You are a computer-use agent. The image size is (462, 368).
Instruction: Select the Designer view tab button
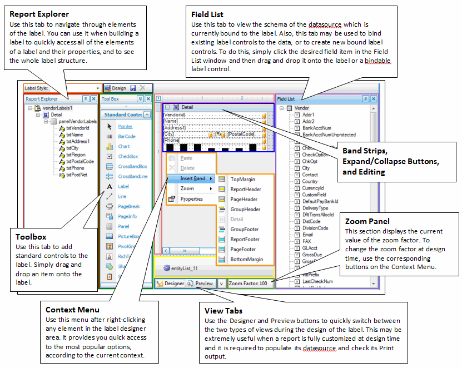click(x=170, y=283)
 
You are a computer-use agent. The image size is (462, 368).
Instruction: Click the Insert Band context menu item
click(x=192, y=178)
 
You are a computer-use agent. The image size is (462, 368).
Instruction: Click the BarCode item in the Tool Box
click(x=126, y=136)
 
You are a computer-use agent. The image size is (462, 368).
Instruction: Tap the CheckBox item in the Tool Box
click(x=127, y=156)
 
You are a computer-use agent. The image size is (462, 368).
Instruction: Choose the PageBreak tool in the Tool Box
click(x=128, y=206)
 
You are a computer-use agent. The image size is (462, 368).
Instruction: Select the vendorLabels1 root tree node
click(x=57, y=108)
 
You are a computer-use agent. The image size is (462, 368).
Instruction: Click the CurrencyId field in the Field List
click(x=314, y=188)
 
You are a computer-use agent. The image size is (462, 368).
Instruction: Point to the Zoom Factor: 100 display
click(x=248, y=283)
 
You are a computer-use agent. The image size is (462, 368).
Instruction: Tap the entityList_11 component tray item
click(x=181, y=268)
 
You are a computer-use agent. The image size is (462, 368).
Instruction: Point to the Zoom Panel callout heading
click(x=367, y=221)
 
